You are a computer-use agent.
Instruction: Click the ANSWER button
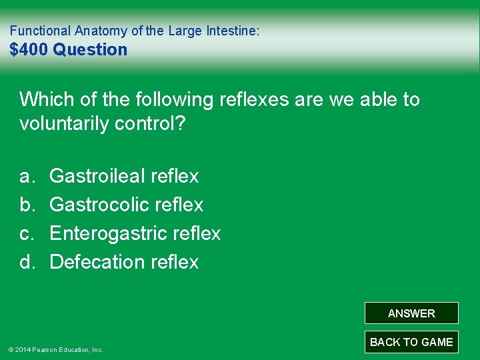click(411, 313)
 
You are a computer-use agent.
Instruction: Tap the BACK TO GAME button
click(411, 342)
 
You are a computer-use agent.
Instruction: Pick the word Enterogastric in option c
click(109, 233)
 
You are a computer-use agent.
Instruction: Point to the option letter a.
click(27, 176)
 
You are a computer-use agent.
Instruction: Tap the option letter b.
click(27, 205)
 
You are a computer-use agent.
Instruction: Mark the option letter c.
click(27, 233)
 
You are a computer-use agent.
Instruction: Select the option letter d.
click(27, 262)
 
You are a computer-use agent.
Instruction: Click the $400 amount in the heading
click(29, 49)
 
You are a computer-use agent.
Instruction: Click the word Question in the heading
click(90, 49)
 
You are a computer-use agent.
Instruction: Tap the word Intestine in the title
click(234, 31)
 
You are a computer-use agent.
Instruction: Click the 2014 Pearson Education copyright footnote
click(55, 349)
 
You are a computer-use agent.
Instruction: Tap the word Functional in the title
click(39, 31)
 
